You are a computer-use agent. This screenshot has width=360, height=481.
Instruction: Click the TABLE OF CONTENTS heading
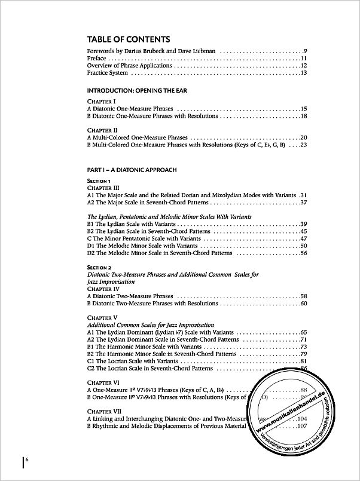click(124, 39)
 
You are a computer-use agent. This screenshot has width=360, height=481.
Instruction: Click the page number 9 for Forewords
click(304, 52)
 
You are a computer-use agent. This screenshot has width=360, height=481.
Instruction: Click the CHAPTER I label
click(100, 102)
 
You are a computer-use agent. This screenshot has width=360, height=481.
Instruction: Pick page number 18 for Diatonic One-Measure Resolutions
click(303, 117)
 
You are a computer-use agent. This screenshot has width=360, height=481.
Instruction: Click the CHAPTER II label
click(101, 130)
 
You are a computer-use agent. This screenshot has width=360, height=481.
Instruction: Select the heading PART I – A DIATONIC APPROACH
click(132, 170)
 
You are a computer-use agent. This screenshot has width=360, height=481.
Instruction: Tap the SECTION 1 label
click(99, 180)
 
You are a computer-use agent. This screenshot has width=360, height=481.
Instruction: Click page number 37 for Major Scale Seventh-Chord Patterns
click(303, 202)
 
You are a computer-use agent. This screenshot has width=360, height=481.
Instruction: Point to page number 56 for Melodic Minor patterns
click(303, 253)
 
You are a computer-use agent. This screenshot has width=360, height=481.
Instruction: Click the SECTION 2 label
click(100, 267)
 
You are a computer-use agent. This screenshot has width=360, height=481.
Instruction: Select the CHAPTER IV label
click(103, 289)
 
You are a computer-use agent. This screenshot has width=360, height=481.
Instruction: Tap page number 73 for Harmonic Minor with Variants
click(303, 347)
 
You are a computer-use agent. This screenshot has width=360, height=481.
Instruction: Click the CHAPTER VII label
click(103, 411)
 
